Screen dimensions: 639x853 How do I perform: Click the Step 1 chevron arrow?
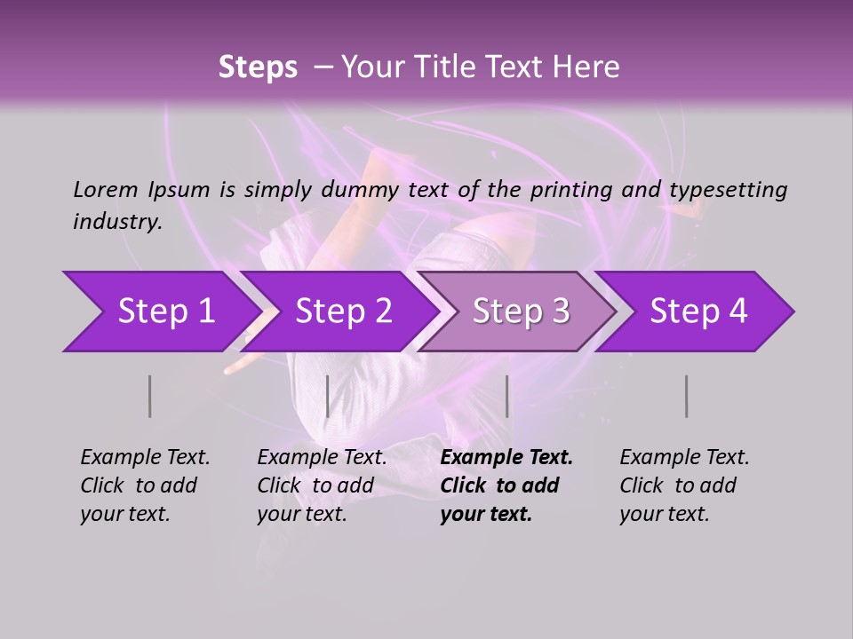160,312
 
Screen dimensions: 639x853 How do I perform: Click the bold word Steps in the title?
258,67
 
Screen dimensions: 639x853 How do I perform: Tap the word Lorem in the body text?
106,189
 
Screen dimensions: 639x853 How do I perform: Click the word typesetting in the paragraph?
728,189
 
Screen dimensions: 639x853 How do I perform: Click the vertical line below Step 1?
150,396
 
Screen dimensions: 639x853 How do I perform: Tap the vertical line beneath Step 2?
328,396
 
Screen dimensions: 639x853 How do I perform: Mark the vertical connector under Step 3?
506,396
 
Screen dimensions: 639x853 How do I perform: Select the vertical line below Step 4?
687,396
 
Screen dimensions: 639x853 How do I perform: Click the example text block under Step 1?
145,485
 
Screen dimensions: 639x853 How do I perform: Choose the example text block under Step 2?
322,485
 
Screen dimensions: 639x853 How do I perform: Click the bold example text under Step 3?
506,485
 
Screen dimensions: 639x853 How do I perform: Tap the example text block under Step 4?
684,485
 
